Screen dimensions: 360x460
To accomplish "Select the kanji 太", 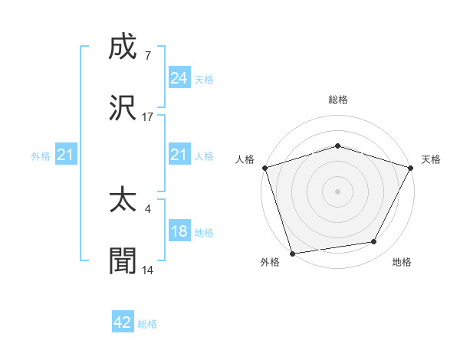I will click(x=123, y=201).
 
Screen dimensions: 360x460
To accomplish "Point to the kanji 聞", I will click(x=123, y=260).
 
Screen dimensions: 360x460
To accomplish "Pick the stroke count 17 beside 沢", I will click(x=148, y=116).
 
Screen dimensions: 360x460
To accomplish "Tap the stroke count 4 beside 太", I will click(x=147, y=207).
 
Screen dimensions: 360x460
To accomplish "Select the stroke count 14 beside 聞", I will click(x=148, y=270).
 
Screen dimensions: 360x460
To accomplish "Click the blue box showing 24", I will click(x=179, y=77).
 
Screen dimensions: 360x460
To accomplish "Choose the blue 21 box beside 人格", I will click(x=179, y=155).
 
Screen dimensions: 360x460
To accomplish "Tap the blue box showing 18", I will click(x=179, y=231).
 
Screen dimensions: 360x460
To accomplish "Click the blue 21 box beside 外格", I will click(x=65, y=155).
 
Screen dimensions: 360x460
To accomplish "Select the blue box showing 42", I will click(x=123, y=322).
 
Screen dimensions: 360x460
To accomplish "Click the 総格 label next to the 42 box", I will click(x=147, y=324).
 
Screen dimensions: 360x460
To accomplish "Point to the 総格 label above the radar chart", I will click(x=337, y=100).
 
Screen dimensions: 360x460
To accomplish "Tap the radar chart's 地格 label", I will click(x=401, y=263).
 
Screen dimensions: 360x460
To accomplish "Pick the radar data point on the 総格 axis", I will click(x=337, y=146).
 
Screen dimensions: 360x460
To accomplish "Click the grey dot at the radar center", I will click(x=337, y=191).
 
